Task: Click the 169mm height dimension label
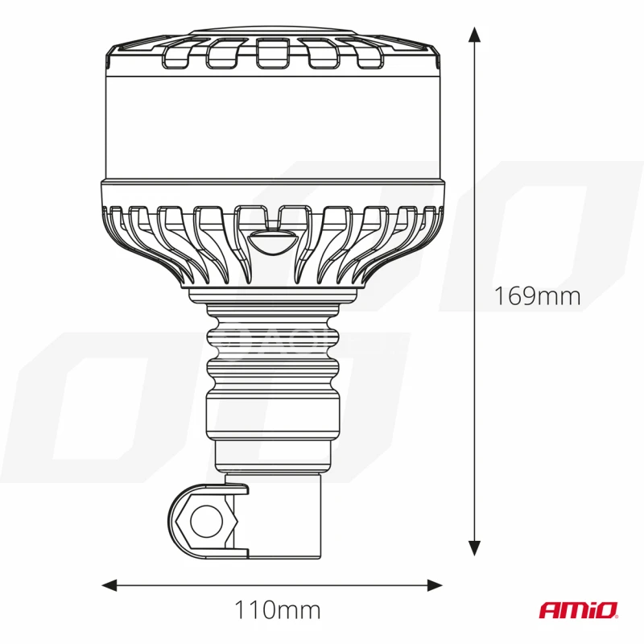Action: coord(537,295)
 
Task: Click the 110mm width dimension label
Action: coord(277,610)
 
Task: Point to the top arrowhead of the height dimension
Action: coord(475,35)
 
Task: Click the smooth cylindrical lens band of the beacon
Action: coord(274,121)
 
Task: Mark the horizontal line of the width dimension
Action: coord(201,584)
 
